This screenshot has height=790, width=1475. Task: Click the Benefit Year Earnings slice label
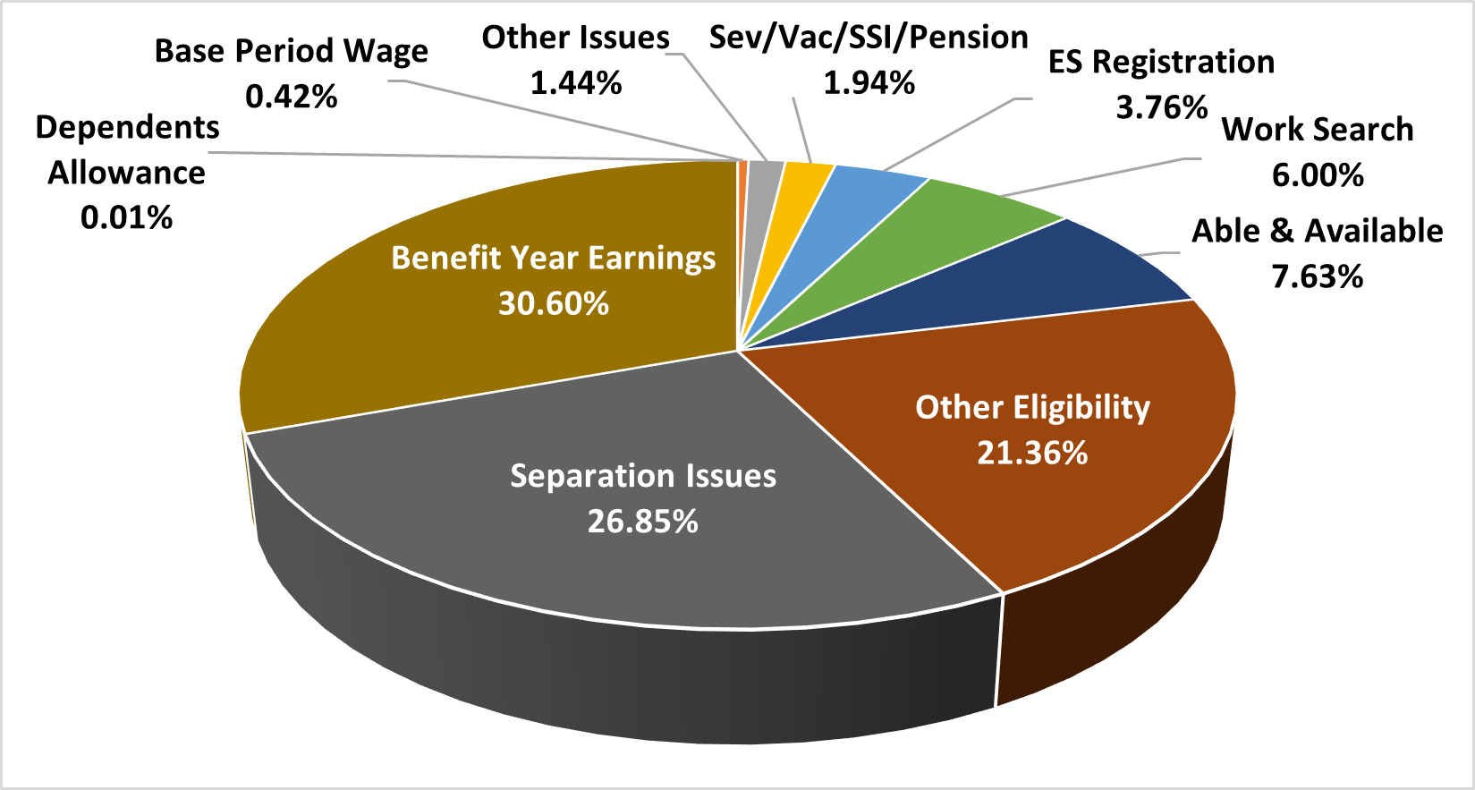553,259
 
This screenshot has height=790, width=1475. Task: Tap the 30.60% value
553,304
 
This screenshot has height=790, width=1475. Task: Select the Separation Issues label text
642,476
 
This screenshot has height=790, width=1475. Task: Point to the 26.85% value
642,522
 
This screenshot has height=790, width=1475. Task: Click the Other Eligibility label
1032,408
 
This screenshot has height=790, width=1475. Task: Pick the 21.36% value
1032,454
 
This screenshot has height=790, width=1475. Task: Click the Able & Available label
1317,232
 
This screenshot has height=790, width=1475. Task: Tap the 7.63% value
1317,276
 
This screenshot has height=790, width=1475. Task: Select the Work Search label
1317,130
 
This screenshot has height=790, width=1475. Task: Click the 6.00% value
1317,175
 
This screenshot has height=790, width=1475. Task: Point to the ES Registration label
1161,63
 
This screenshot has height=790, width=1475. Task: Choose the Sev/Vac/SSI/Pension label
868,38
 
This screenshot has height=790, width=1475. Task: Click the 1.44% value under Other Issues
575,83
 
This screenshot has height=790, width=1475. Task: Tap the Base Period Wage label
291,51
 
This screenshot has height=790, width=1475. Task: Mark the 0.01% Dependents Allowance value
126,217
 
